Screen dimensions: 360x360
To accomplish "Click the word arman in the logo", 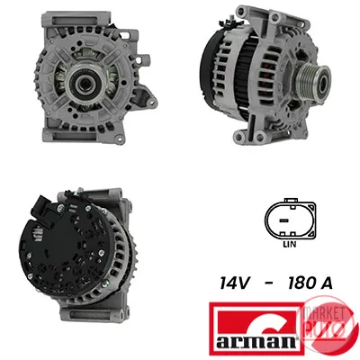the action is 256,341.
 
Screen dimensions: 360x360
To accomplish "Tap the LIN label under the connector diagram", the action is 290,245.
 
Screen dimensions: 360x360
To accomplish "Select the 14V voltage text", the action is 234,283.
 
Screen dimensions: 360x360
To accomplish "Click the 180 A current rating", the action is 310,283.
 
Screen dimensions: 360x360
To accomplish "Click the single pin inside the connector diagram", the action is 283,220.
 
